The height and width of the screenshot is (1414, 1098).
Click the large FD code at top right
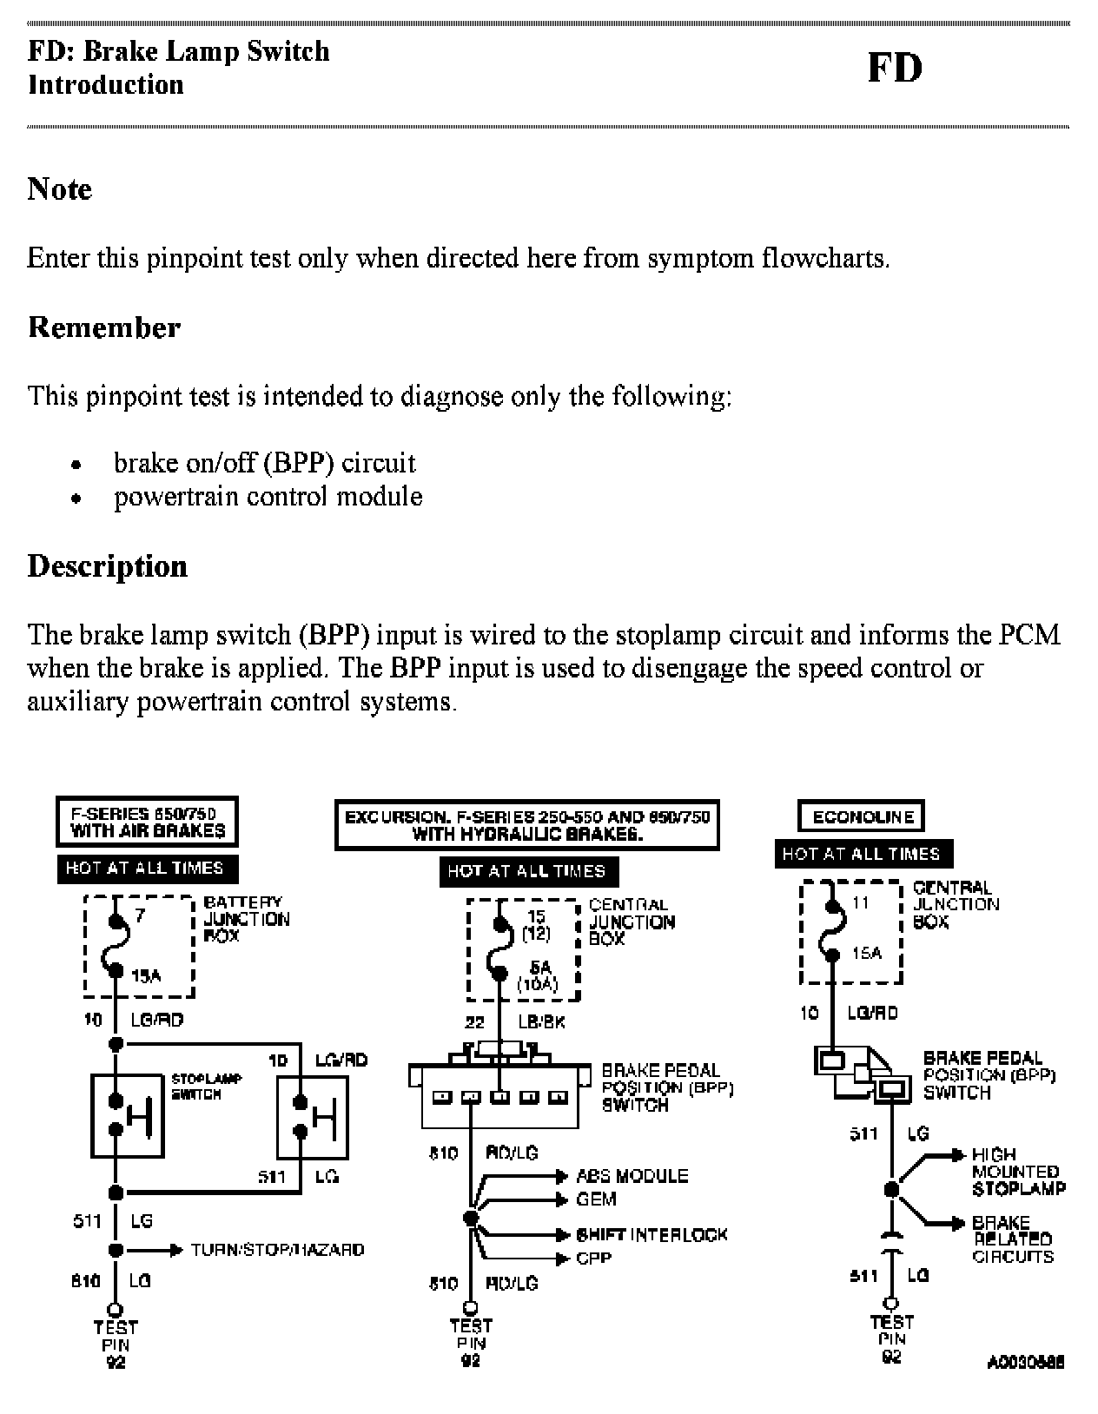tap(895, 69)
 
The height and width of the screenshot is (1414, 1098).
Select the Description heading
tap(108, 566)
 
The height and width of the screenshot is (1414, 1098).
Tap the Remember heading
tap(104, 327)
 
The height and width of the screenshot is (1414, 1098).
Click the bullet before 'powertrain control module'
tap(77, 499)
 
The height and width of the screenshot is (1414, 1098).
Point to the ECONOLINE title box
tap(861, 816)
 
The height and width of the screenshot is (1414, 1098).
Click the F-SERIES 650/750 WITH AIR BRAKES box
tap(147, 822)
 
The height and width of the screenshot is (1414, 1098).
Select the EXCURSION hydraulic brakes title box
tap(527, 825)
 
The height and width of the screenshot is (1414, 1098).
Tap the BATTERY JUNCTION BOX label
tap(246, 919)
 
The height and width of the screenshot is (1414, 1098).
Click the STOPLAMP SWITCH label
tap(206, 1087)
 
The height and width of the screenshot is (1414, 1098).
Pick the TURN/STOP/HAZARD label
tap(277, 1250)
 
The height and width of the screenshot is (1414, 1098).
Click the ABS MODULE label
tap(632, 1177)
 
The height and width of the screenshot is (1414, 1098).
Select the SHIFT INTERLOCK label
tap(652, 1235)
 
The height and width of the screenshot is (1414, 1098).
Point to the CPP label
tap(593, 1258)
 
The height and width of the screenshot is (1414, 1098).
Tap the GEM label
tap(597, 1199)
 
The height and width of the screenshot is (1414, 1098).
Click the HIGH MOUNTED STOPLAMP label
tap(1018, 1172)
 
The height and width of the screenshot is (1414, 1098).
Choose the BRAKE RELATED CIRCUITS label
tap(1013, 1239)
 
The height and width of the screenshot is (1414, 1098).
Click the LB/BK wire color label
tap(541, 1022)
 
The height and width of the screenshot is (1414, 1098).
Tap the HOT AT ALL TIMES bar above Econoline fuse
tap(863, 854)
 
